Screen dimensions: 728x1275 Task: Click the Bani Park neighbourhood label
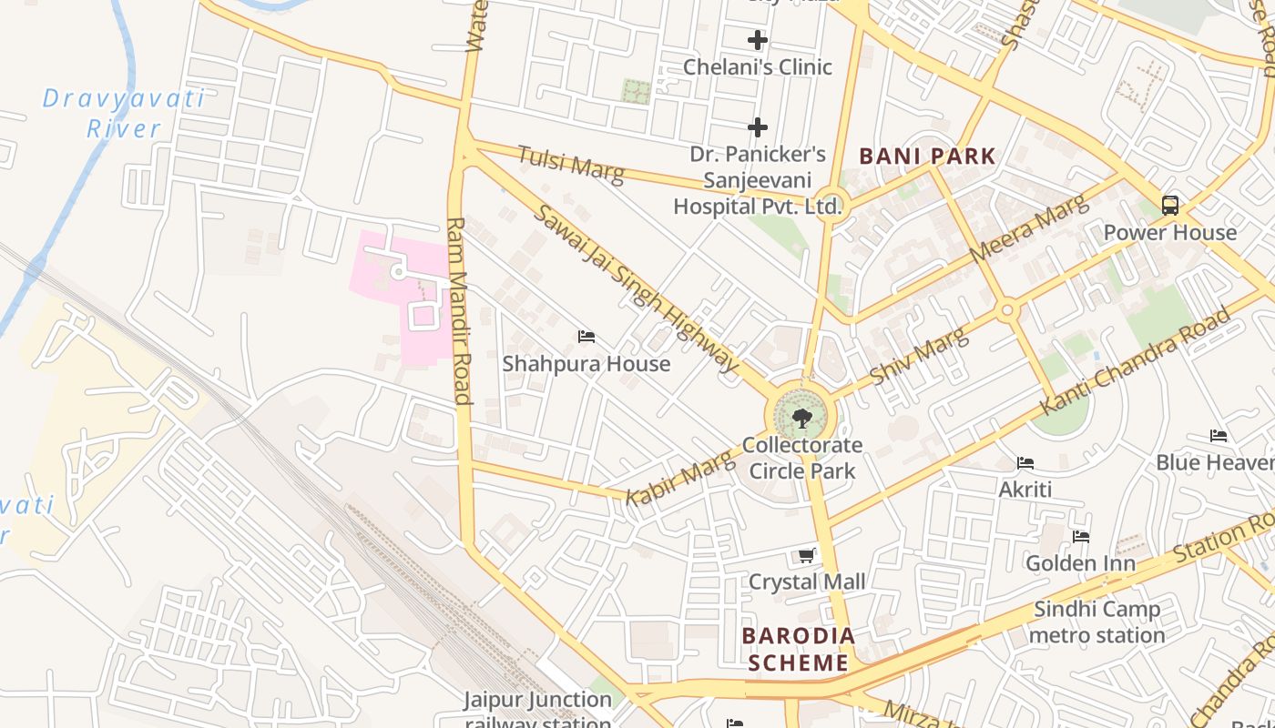click(928, 156)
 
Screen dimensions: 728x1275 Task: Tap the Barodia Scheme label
click(799, 649)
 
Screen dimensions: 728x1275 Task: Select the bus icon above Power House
click(1170, 206)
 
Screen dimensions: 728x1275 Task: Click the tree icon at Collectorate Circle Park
click(801, 419)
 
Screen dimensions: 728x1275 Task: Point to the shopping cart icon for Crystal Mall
click(806, 555)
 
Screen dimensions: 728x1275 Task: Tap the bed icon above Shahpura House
click(586, 337)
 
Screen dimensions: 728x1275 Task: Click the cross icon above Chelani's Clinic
click(757, 40)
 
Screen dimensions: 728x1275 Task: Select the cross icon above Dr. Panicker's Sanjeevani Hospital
click(757, 127)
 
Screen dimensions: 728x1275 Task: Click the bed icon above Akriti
click(1025, 463)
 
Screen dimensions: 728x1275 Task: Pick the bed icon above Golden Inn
click(1081, 537)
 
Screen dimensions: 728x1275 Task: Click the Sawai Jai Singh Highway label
click(636, 288)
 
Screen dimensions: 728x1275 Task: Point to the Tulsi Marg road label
click(571, 165)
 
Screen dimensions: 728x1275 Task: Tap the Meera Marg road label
click(1028, 228)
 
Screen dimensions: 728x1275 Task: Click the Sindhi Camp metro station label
click(1097, 622)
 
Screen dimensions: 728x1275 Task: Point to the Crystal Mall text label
click(807, 581)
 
